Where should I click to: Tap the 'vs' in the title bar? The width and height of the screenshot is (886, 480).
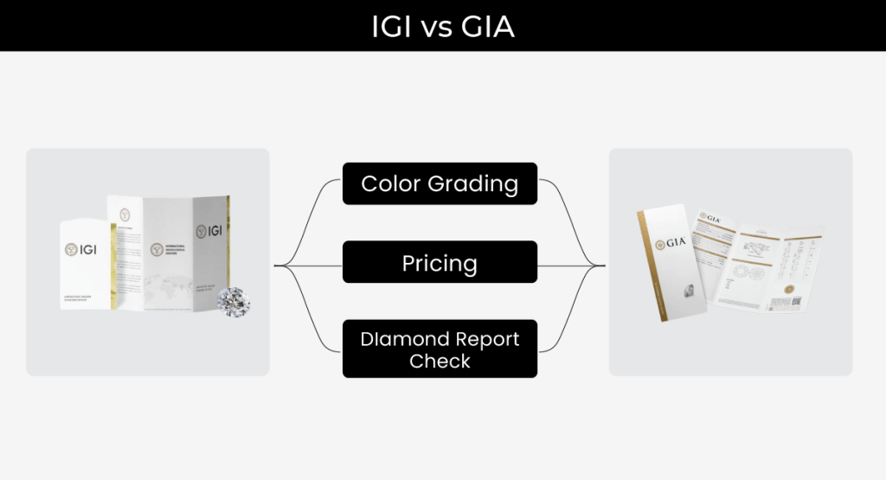tap(435, 28)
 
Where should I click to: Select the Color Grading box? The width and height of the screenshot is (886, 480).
tap(440, 183)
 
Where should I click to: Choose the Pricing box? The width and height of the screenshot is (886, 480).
tap(440, 262)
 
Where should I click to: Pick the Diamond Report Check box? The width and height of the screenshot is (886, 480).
tap(440, 349)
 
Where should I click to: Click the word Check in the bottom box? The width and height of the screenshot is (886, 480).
tap(440, 361)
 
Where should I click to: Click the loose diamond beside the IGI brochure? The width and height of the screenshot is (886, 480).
tap(234, 300)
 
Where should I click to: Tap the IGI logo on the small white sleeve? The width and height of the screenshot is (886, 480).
tap(83, 249)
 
